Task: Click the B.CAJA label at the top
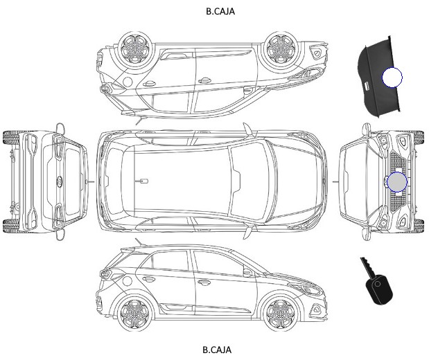(220, 11)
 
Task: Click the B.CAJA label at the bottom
(217, 350)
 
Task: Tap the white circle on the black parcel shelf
(392, 78)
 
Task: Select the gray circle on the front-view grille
(397, 182)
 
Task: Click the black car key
(377, 282)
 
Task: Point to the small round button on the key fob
(378, 284)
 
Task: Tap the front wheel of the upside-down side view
(281, 48)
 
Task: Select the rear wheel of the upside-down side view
(136, 49)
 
